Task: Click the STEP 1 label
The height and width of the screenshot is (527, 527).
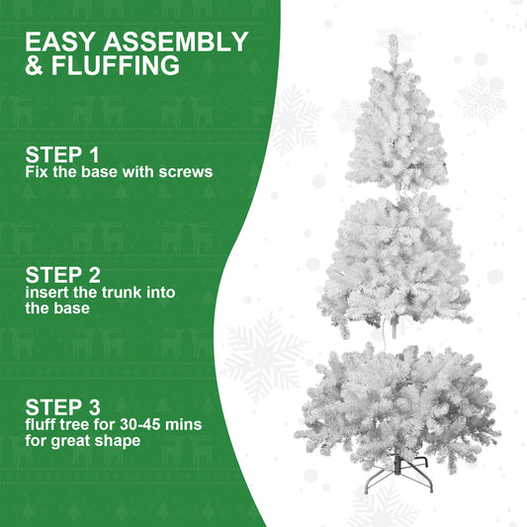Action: point(62,154)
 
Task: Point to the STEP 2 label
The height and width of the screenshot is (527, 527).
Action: point(62,274)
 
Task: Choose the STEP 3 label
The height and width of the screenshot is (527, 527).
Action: point(62,406)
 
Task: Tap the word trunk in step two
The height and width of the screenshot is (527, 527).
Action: point(124,293)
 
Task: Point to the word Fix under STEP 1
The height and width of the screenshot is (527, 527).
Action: point(36,171)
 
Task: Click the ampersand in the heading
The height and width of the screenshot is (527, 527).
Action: point(35,67)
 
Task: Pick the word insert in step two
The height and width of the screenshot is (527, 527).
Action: point(46,293)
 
